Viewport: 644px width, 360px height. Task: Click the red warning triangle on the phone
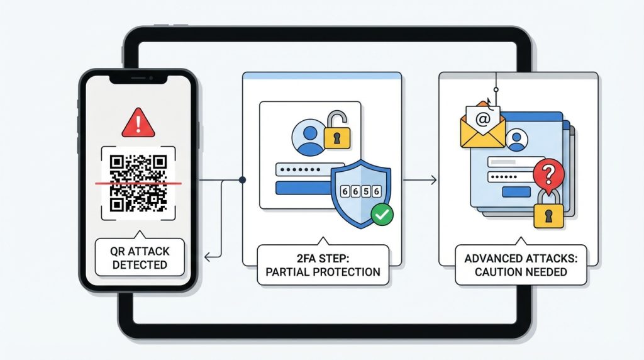pyautogui.click(x=138, y=123)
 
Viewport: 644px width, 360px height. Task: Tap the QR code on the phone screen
pyautogui.click(x=138, y=183)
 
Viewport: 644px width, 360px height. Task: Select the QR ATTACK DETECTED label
pyautogui.click(x=139, y=257)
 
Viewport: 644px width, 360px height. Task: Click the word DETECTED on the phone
pyautogui.click(x=140, y=264)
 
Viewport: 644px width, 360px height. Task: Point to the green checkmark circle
pyautogui.click(x=380, y=215)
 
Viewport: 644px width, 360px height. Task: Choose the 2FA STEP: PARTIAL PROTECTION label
pyautogui.click(x=323, y=264)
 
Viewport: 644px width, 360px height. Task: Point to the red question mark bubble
pyautogui.click(x=548, y=172)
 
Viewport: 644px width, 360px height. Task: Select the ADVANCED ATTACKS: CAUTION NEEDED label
pyautogui.click(x=521, y=264)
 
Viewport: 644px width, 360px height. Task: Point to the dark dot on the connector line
pyautogui.click(x=243, y=181)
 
